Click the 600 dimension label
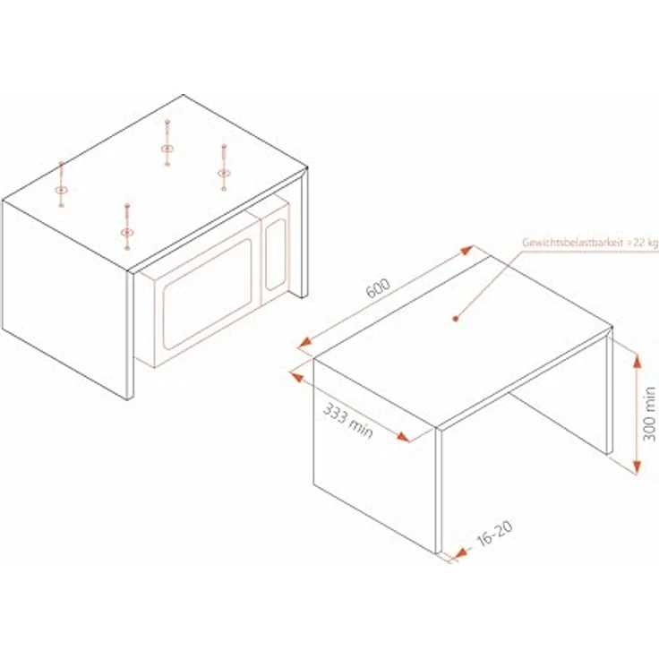click(378, 288)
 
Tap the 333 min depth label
click(348, 421)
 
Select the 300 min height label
click(649, 414)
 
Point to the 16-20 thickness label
click(494, 534)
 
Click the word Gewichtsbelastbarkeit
click(572, 243)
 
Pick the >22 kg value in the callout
click(643, 244)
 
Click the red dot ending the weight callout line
click(455, 319)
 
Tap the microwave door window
click(208, 295)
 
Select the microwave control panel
click(275, 254)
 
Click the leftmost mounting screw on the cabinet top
click(62, 184)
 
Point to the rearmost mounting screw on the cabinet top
click(167, 142)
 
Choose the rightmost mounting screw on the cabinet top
click(224, 167)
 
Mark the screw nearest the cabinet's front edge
click(127, 227)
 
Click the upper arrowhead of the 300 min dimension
click(638, 361)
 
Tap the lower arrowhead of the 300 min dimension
click(638, 466)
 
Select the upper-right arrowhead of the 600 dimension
click(466, 251)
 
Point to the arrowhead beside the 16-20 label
click(460, 552)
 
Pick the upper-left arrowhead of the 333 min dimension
click(297, 377)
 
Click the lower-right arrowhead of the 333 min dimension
click(403, 437)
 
